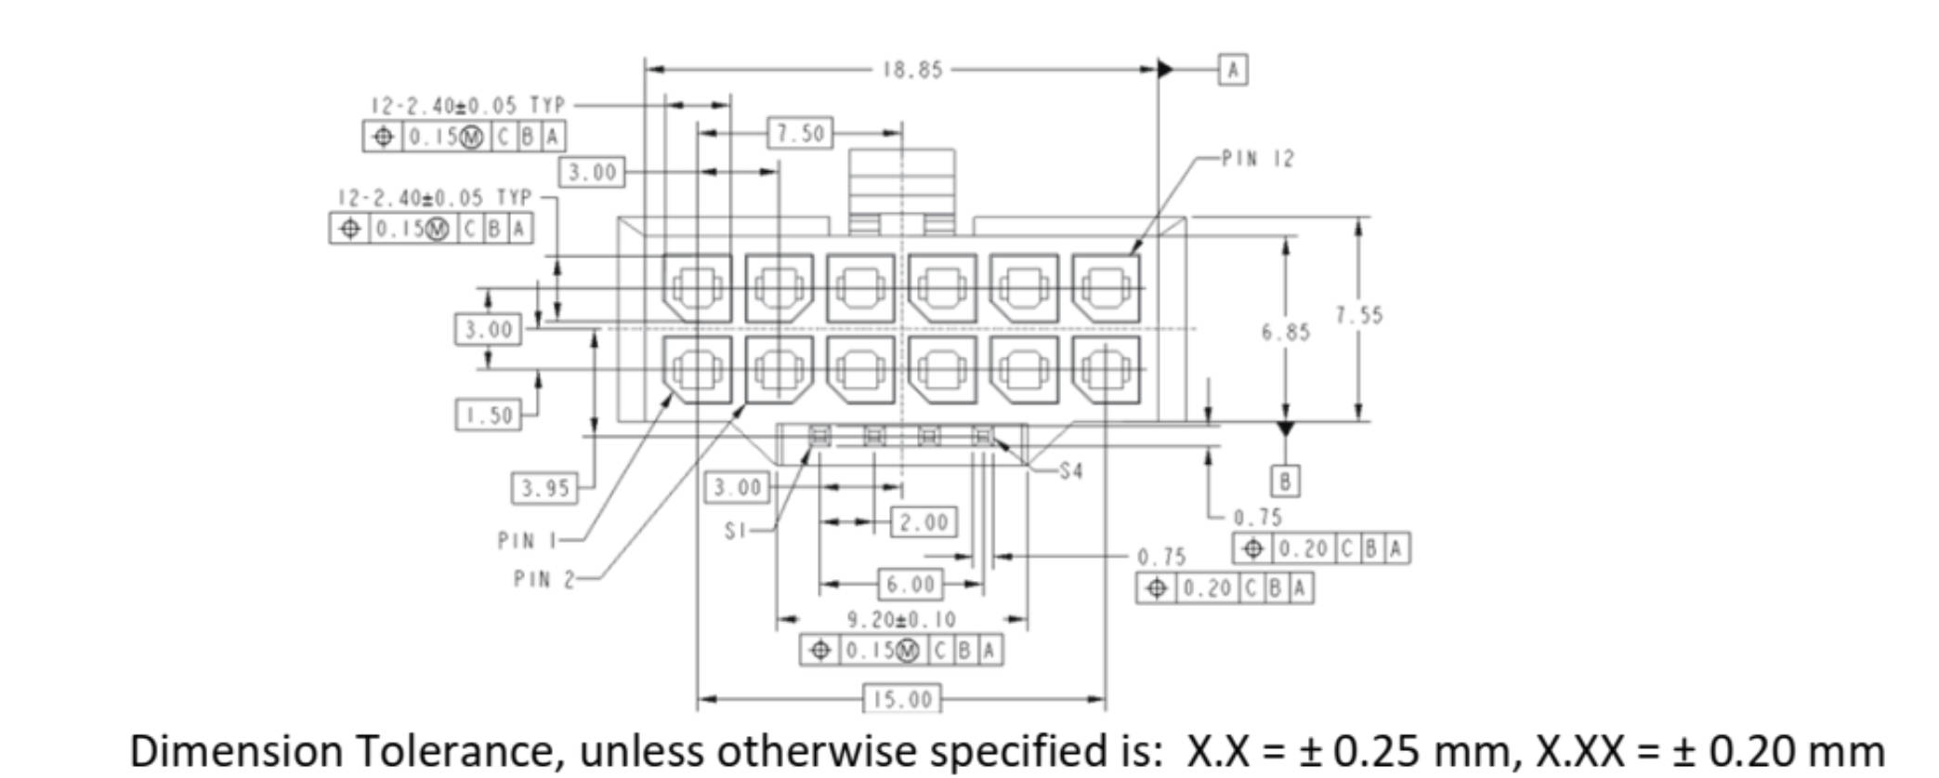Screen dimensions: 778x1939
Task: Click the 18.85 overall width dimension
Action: pos(912,70)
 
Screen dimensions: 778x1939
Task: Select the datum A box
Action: pos(1233,70)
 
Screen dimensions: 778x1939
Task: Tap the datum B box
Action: pos(1285,481)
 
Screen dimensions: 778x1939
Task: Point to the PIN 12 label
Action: pos(1257,159)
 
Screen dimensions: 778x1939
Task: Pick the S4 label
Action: pos(1070,471)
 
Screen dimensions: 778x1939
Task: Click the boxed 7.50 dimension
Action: pos(800,133)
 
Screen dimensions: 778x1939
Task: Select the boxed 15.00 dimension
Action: pos(902,699)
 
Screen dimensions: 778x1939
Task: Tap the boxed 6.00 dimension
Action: pos(911,584)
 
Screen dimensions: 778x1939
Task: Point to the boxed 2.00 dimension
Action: pos(924,521)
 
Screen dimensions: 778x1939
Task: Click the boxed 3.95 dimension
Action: pos(544,488)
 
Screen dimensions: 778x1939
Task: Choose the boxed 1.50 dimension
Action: pos(488,415)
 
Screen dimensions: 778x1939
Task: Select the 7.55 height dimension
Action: pos(1359,315)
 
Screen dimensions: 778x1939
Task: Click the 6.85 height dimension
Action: pos(1285,332)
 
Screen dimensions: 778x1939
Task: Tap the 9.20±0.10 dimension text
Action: pos(901,619)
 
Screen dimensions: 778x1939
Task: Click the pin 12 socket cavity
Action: pos(1106,288)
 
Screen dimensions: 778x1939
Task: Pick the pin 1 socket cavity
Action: pos(697,370)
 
